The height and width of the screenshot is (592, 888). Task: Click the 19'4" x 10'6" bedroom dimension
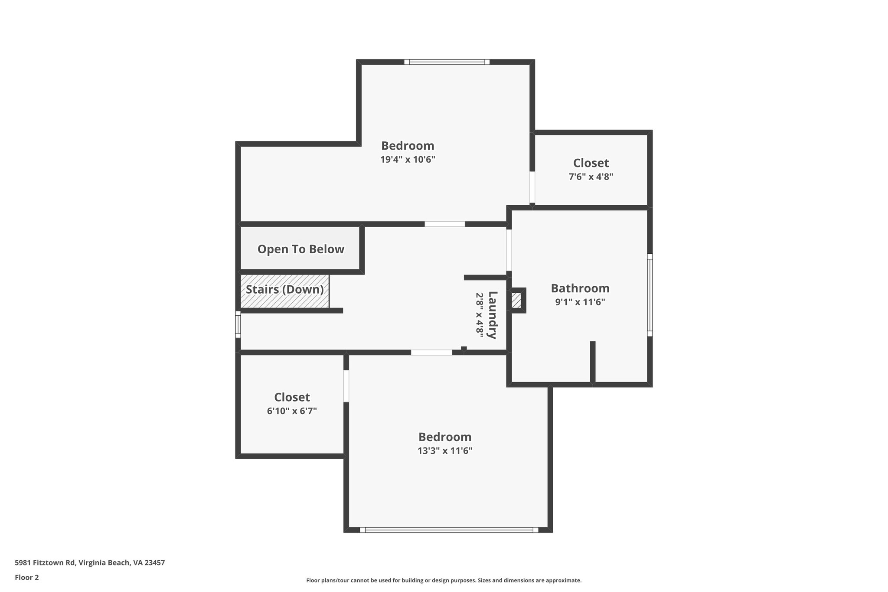coord(408,160)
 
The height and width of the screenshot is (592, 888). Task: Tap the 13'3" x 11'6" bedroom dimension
coord(445,451)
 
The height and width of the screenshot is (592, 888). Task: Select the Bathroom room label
coord(580,288)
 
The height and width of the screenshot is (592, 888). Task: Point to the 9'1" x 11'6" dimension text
coord(580,302)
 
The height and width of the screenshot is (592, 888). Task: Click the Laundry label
coord(493,315)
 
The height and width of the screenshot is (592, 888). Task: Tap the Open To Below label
coord(301,249)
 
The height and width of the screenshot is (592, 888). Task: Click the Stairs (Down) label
coord(285,290)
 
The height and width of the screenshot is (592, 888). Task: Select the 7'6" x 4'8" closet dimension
coord(591,177)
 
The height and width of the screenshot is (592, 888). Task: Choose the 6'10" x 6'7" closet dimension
coord(292,411)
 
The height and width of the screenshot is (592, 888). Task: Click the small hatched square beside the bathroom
coord(516,301)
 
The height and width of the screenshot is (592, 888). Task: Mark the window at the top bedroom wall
coord(447,62)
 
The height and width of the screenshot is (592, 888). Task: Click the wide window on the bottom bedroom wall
coord(449,530)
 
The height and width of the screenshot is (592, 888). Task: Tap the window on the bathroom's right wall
coord(650,295)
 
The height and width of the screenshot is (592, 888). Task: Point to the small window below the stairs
coord(238,324)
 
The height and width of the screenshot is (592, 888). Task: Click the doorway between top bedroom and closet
coord(532,187)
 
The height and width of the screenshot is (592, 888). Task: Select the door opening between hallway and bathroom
coord(509,250)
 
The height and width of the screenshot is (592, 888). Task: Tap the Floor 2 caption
coord(27,577)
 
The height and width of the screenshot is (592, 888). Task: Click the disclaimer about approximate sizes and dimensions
coord(444,580)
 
